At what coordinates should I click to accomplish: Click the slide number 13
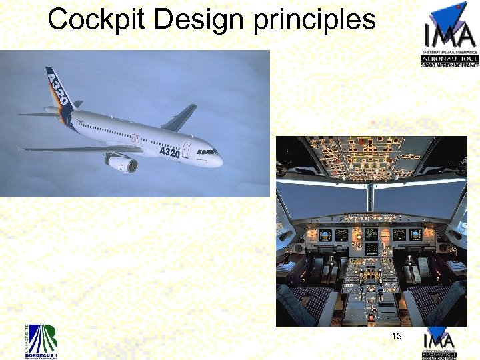tap(397, 337)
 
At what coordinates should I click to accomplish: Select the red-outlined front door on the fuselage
tap(186, 149)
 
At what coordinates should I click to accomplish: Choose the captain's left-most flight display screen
tap(325, 235)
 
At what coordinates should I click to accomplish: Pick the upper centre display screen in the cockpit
tap(371, 235)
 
